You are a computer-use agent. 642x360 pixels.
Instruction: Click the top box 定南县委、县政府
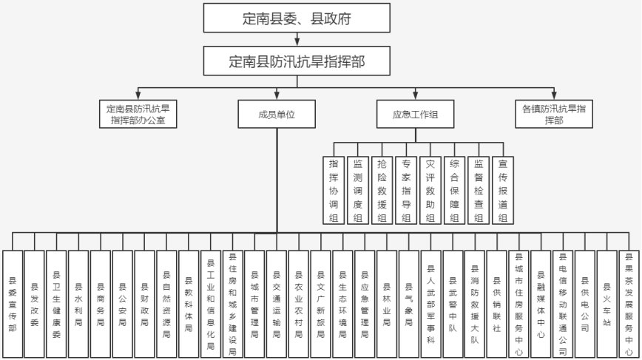(x=297, y=18)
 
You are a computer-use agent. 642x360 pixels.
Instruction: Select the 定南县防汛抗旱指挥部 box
(x=297, y=62)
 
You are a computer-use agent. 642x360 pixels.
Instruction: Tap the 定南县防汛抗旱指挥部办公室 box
(x=140, y=114)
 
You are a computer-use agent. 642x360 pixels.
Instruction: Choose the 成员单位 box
(x=277, y=114)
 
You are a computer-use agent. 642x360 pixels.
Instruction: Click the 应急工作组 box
(x=415, y=114)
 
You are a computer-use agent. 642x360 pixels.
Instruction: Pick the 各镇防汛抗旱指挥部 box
(x=554, y=114)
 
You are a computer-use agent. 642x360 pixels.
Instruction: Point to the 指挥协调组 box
(x=334, y=190)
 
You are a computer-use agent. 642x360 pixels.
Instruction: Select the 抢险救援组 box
(x=382, y=190)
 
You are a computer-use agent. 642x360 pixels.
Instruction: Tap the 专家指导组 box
(x=405, y=190)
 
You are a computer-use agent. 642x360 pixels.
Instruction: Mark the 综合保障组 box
(x=454, y=190)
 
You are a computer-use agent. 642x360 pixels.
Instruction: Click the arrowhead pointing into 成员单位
(x=277, y=96)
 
